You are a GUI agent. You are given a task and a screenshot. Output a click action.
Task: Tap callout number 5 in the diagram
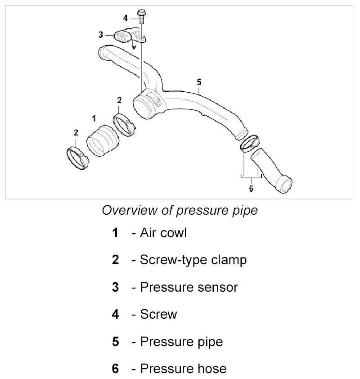[199, 82]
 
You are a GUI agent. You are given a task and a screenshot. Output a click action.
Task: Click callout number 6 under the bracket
[251, 189]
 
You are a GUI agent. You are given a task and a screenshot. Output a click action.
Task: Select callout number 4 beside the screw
[126, 18]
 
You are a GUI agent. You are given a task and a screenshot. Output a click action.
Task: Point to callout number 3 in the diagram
[101, 34]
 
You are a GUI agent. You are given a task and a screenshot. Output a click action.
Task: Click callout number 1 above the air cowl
[94, 118]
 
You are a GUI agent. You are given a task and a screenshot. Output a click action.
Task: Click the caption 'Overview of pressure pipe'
[180, 210]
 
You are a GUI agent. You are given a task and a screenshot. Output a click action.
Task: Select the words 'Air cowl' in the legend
[163, 233]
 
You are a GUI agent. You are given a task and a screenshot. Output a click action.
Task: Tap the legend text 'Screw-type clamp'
[193, 260]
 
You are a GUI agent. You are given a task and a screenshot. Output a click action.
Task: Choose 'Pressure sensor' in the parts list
[189, 287]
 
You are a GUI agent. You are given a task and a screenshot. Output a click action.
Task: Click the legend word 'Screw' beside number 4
[158, 314]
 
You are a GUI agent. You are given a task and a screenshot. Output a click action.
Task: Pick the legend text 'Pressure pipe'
[181, 342]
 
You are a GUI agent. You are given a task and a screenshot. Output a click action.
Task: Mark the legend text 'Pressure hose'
[183, 369]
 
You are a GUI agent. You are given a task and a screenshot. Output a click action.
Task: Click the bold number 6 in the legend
[115, 369]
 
